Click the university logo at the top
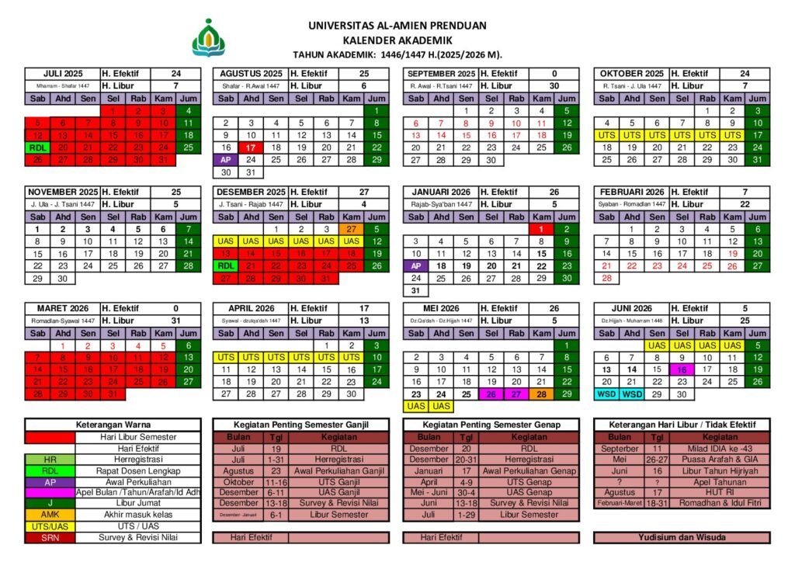pyautogui.click(x=212, y=38)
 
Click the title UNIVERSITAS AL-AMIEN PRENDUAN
pyautogui.click(x=397, y=26)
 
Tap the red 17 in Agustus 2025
pyautogui.click(x=251, y=147)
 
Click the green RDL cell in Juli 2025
pyautogui.click(x=37, y=147)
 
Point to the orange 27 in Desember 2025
pyautogui.click(x=352, y=229)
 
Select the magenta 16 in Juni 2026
pyautogui.click(x=682, y=369)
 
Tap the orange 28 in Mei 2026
pyautogui.click(x=541, y=394)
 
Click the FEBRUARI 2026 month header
pyautogui.click(x=631, y=191)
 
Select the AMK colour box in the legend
pyautogui.click(x=50, y=514)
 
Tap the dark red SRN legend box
pyautogui.click(x=50, y=537)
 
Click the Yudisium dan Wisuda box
pyautogui.click(x=682, y=537)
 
